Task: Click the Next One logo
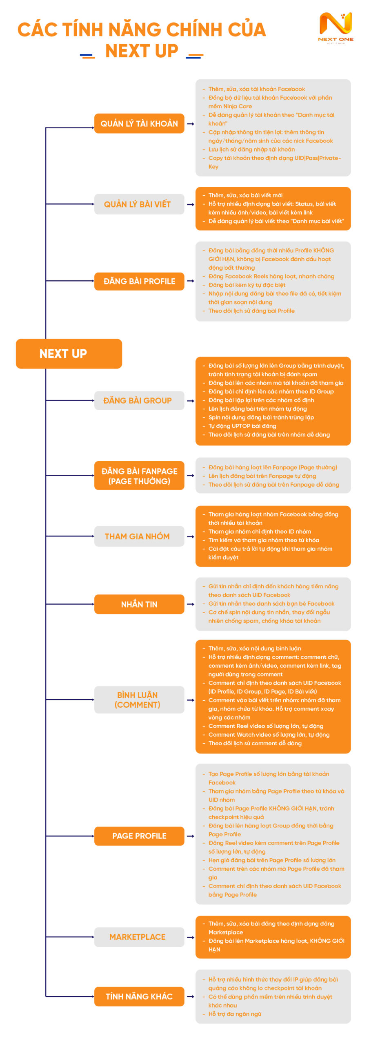click(336, 27)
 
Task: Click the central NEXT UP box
click(69, 353)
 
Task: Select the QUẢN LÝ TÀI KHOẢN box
click(139, 123)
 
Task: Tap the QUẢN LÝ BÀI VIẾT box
click(139, 204)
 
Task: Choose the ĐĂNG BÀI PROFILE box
click(139, 281)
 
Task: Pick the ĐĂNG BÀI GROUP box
click(139, 400)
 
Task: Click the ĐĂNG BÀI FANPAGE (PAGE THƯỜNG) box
click(139, 476)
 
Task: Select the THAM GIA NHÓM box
click(139, 536)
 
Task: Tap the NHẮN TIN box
click(139, 604)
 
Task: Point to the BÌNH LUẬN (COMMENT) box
click(139, 700)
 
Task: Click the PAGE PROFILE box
click(139, 836)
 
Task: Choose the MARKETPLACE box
click(139, 936)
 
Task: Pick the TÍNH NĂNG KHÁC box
click(139, 996)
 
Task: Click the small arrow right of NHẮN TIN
click(190, 604)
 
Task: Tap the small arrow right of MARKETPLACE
click(190, 937)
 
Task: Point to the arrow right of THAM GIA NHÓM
click(190, 536)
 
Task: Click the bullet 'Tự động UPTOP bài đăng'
click(242, 426)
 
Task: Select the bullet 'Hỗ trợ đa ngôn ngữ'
click(235, 1014)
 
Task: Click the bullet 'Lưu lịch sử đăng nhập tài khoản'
click(251, 149)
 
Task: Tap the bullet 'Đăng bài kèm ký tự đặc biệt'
click(247, 285)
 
